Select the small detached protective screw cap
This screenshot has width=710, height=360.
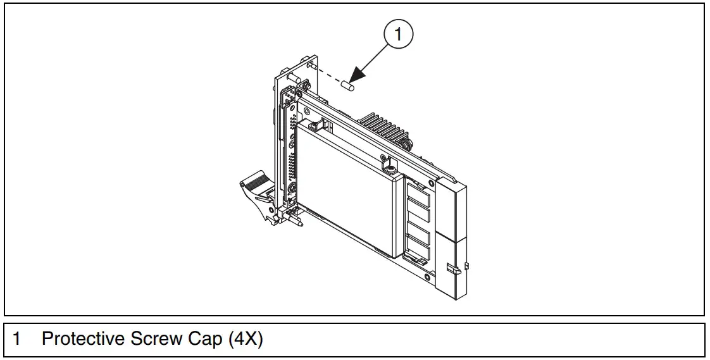click(347, 85)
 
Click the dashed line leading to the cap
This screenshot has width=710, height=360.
click(328, 75)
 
